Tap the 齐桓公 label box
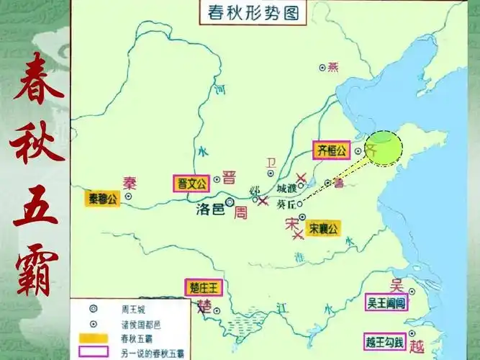[x=332, y=150]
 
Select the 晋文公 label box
[x=192, y=183]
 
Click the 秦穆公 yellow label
[x=101, y=199]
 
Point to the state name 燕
[x=332, y=68]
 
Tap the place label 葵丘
[x=286, y=204]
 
